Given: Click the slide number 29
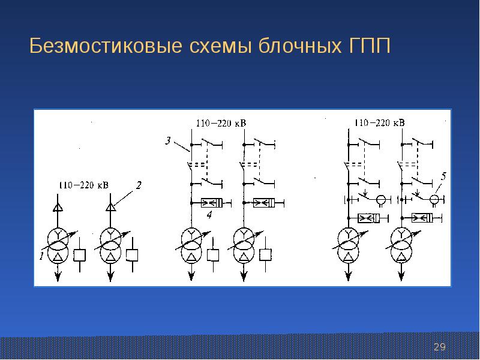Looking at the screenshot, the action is (x=440, y=347).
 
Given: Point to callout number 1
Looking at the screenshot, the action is (x=41, y=256).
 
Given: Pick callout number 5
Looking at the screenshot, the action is (x=443, y=176).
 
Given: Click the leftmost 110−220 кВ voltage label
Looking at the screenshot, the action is (x=84, y=186).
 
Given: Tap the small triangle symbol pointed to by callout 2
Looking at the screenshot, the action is (x=109, y=208).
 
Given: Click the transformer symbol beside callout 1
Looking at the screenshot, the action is (x=58, y=246).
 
